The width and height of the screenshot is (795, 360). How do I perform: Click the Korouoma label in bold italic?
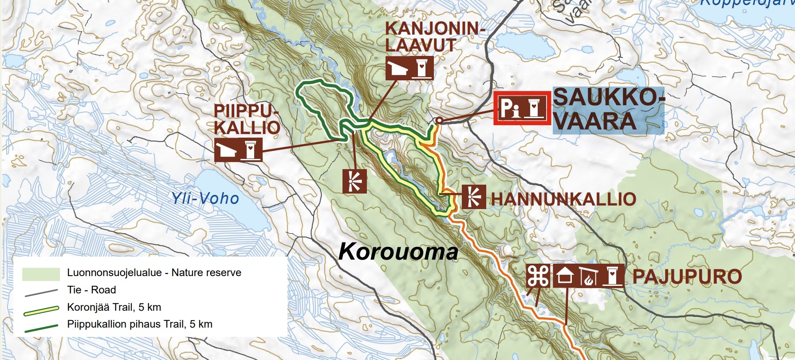pos(398,252)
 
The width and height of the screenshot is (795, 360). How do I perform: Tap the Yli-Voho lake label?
pos(205,198)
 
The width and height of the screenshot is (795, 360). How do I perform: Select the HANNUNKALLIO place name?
pos(563,199)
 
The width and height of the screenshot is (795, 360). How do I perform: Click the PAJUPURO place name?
pos(687,277)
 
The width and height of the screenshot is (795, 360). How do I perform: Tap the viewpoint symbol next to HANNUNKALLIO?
pos(474,197)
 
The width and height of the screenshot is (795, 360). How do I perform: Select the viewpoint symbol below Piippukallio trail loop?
pos(354,181)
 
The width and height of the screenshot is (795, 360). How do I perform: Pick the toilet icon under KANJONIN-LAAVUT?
pos(421,68)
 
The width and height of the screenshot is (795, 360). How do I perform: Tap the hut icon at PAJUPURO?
pos(565,276)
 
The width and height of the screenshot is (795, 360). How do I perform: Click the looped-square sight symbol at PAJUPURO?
pos(538,276)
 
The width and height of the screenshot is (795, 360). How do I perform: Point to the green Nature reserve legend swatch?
pos(41,273)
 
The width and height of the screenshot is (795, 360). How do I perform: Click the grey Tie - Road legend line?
pos(41,292)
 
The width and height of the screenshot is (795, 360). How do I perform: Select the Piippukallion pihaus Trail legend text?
pos(140,324)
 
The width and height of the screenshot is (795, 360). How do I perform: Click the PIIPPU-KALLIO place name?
pos(247,119)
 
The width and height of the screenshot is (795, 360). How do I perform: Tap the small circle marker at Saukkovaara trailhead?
pos(439,120)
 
